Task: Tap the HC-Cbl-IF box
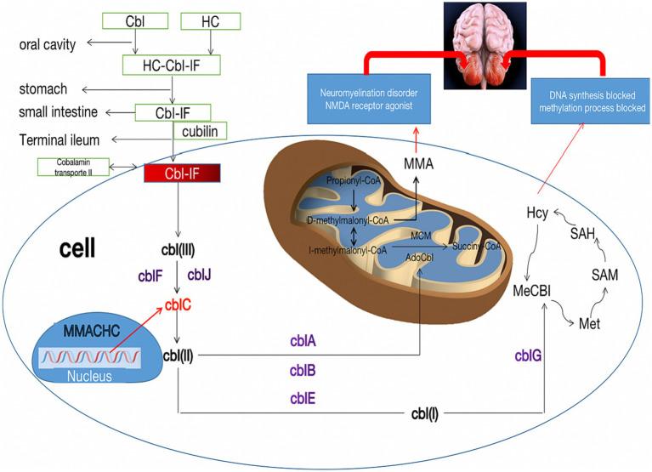[173, 65]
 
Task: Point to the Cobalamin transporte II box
[77, 168]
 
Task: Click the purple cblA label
[303, 341]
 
